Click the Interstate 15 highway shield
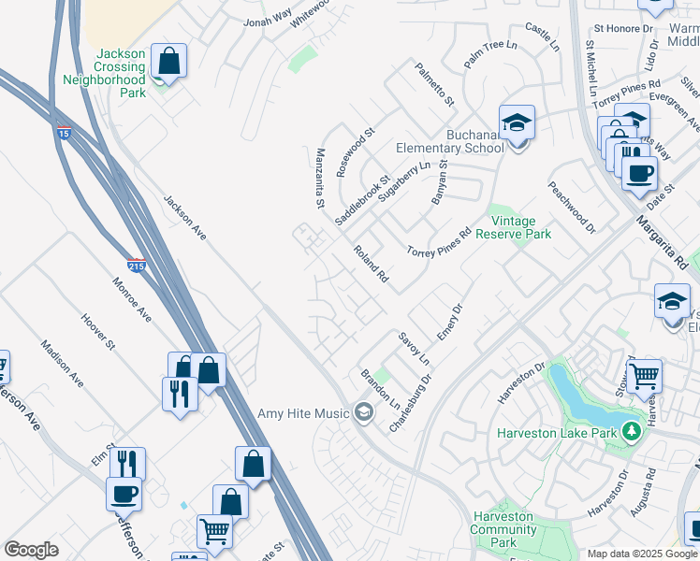(64, 131)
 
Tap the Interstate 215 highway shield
(137, 265)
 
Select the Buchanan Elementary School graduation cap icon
(517, 123)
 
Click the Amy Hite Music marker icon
(363, 412)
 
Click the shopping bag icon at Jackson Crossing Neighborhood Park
(168, 63)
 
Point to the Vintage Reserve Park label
(514, 227)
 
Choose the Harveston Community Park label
(503, 529)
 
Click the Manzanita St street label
(320, 178)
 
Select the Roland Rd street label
(371, 265)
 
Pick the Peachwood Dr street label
(572, 207)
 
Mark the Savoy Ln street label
(413, 348)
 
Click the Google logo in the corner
(32, 549)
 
